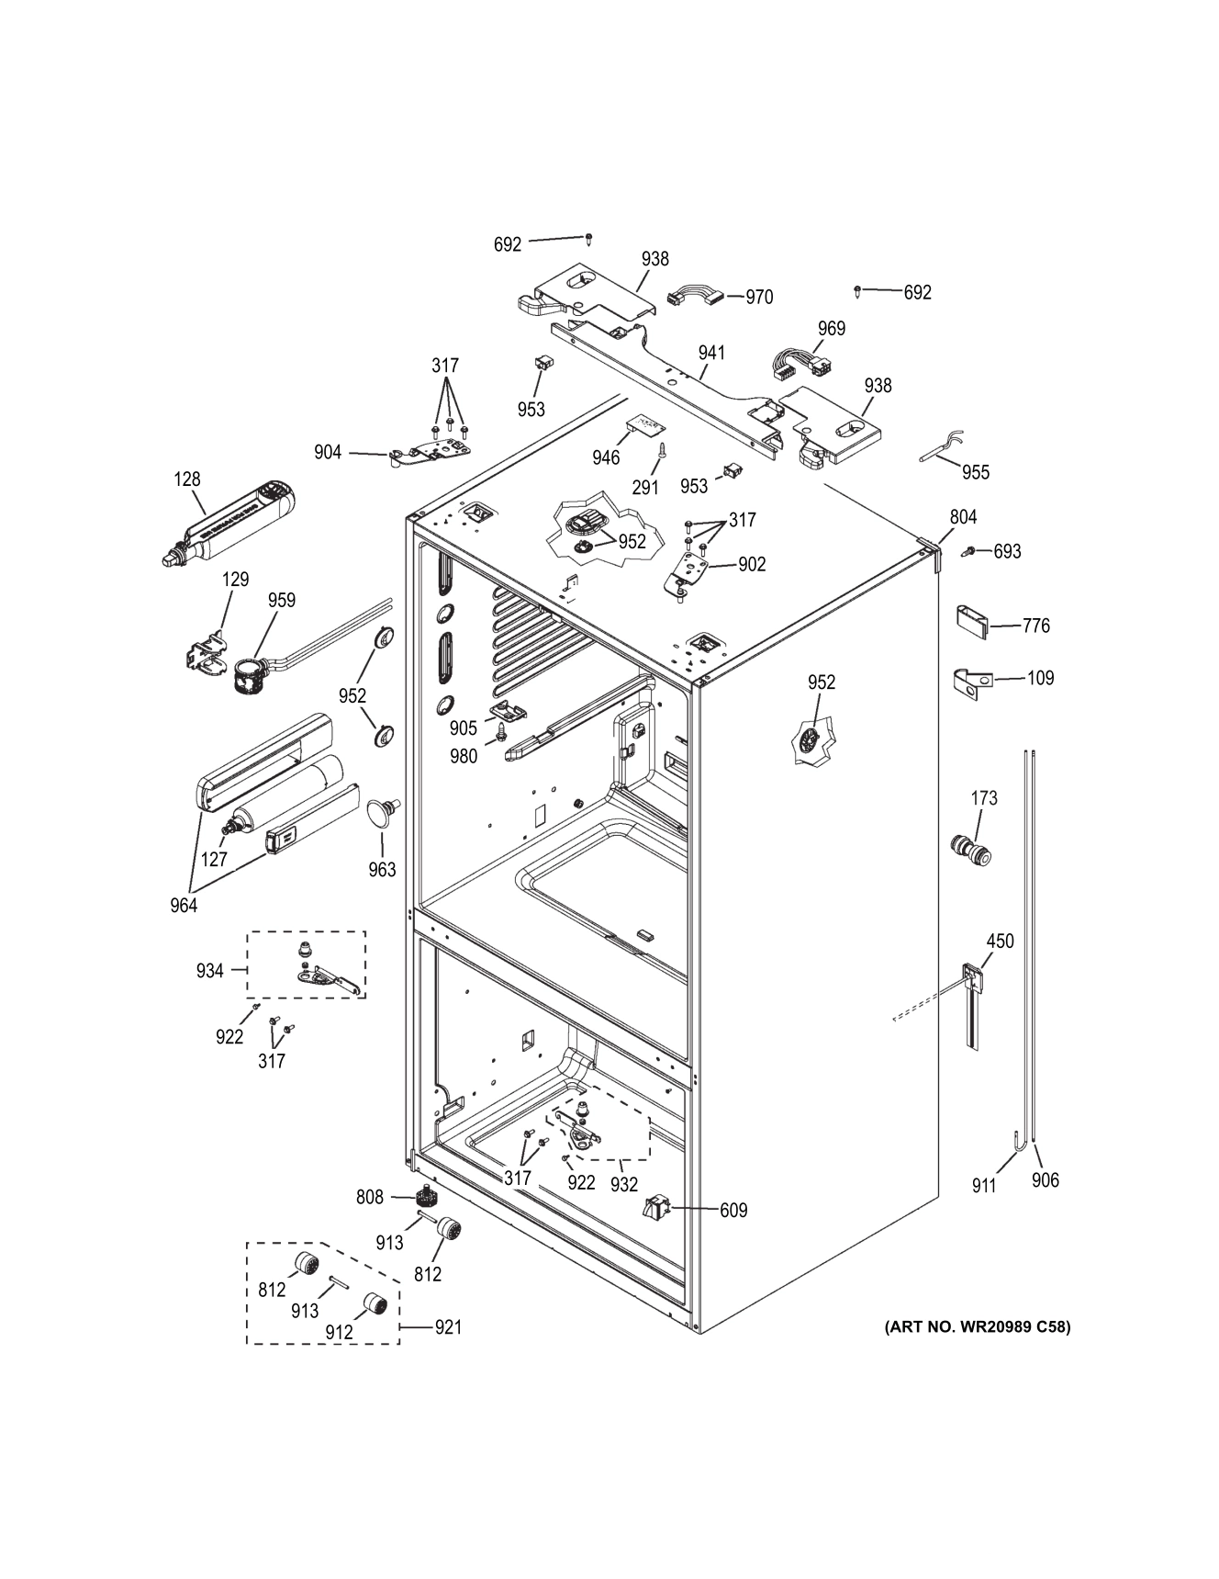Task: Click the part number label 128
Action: click(x=186, y=479)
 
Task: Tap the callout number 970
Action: click(x=758, y=297)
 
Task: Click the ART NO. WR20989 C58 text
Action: click(x=977, y=1326)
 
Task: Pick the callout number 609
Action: click(x=733, y=1211)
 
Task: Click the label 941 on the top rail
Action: click(x=711, y=353)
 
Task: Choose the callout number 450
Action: click(x=1000, y=941)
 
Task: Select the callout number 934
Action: click(x=209, y=970)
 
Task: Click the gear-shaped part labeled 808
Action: click(x=424, y=1197)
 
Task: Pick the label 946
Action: click(x=606, y=457)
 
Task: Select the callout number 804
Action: click(x=963, y=517)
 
